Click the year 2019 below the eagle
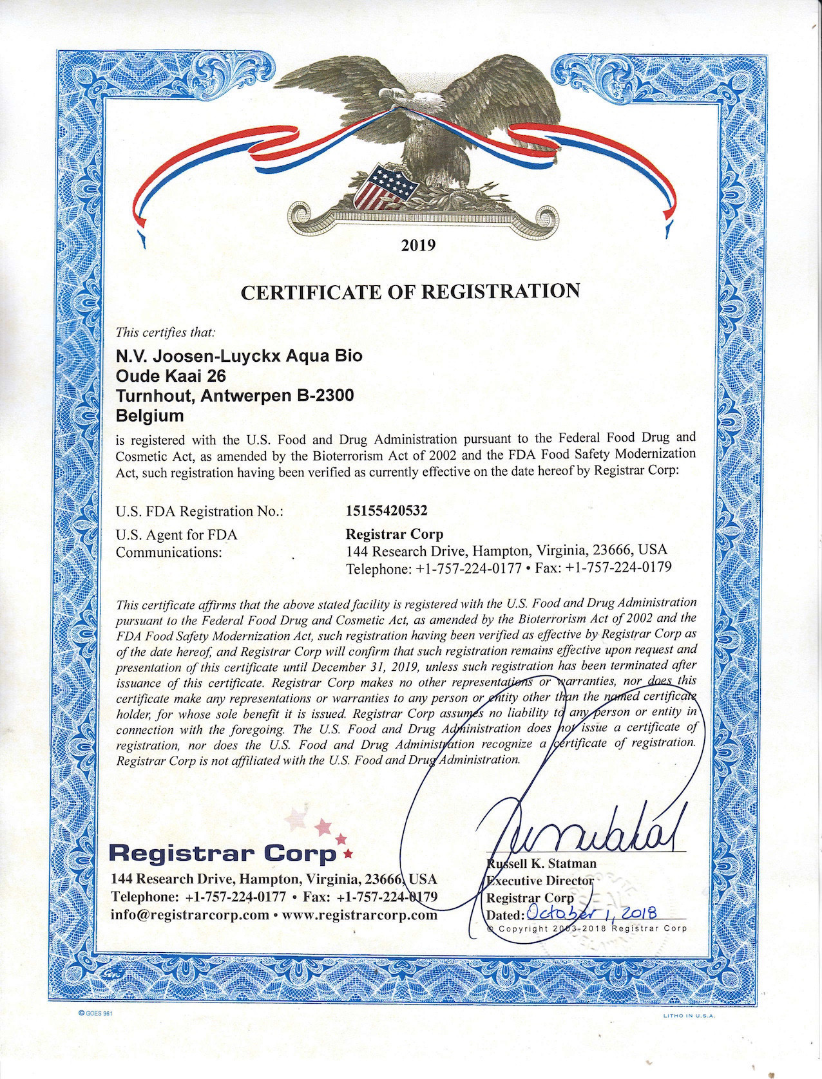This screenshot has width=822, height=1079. pyautogui.click(x=419, y=245)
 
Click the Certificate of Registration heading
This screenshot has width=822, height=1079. pyautogui.click(x=410, y=291)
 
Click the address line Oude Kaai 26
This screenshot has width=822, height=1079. pyautogui.click(x=171, y=375)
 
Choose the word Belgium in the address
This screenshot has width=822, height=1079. pyautogui.click(x=149, y=415)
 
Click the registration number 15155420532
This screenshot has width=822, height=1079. pyautogui.click(x=387, y=511)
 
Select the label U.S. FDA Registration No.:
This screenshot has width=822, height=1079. pyautogui.click(x=199, y=512)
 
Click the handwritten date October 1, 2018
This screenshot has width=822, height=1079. pyautogui.click(x=591, y=912)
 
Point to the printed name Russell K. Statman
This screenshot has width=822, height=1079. pyautogui.click(x=541, y=863)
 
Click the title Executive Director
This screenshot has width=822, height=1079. pyautogui.click(x=540, y=880)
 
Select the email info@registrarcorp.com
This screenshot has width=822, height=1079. pyautogui.click(x=190, y=914)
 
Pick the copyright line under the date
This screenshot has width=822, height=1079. pyautogui.click(x=587, y=928)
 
